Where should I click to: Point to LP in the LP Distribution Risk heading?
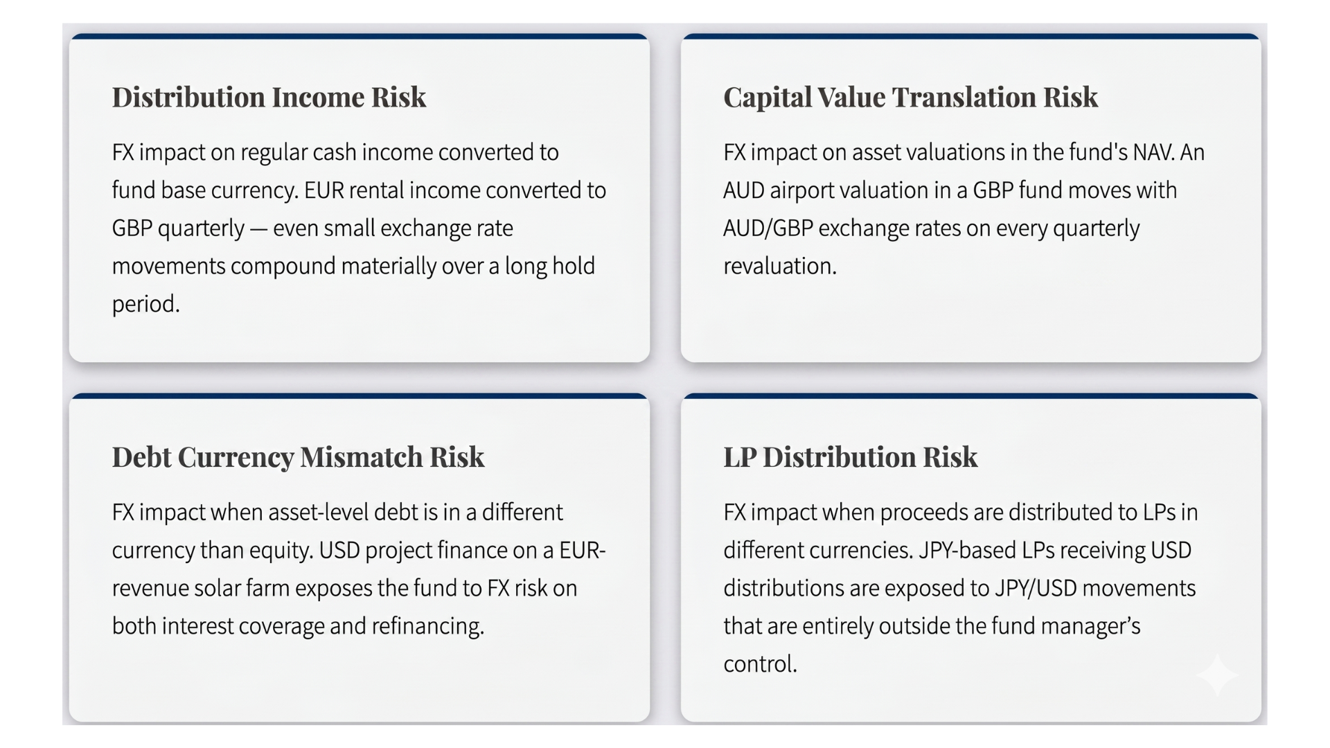tap(740, 458)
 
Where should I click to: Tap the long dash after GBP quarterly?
tap(258, 229)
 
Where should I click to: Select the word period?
tap(145, 305)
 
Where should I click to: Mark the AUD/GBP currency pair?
tap(768, 229)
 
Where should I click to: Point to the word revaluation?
tap(779, 267)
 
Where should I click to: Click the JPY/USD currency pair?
tap(1035, 589)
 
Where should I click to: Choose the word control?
tap(759, 664)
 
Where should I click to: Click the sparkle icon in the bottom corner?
tap(1217, 675)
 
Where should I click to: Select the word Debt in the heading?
tap(141, 458)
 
